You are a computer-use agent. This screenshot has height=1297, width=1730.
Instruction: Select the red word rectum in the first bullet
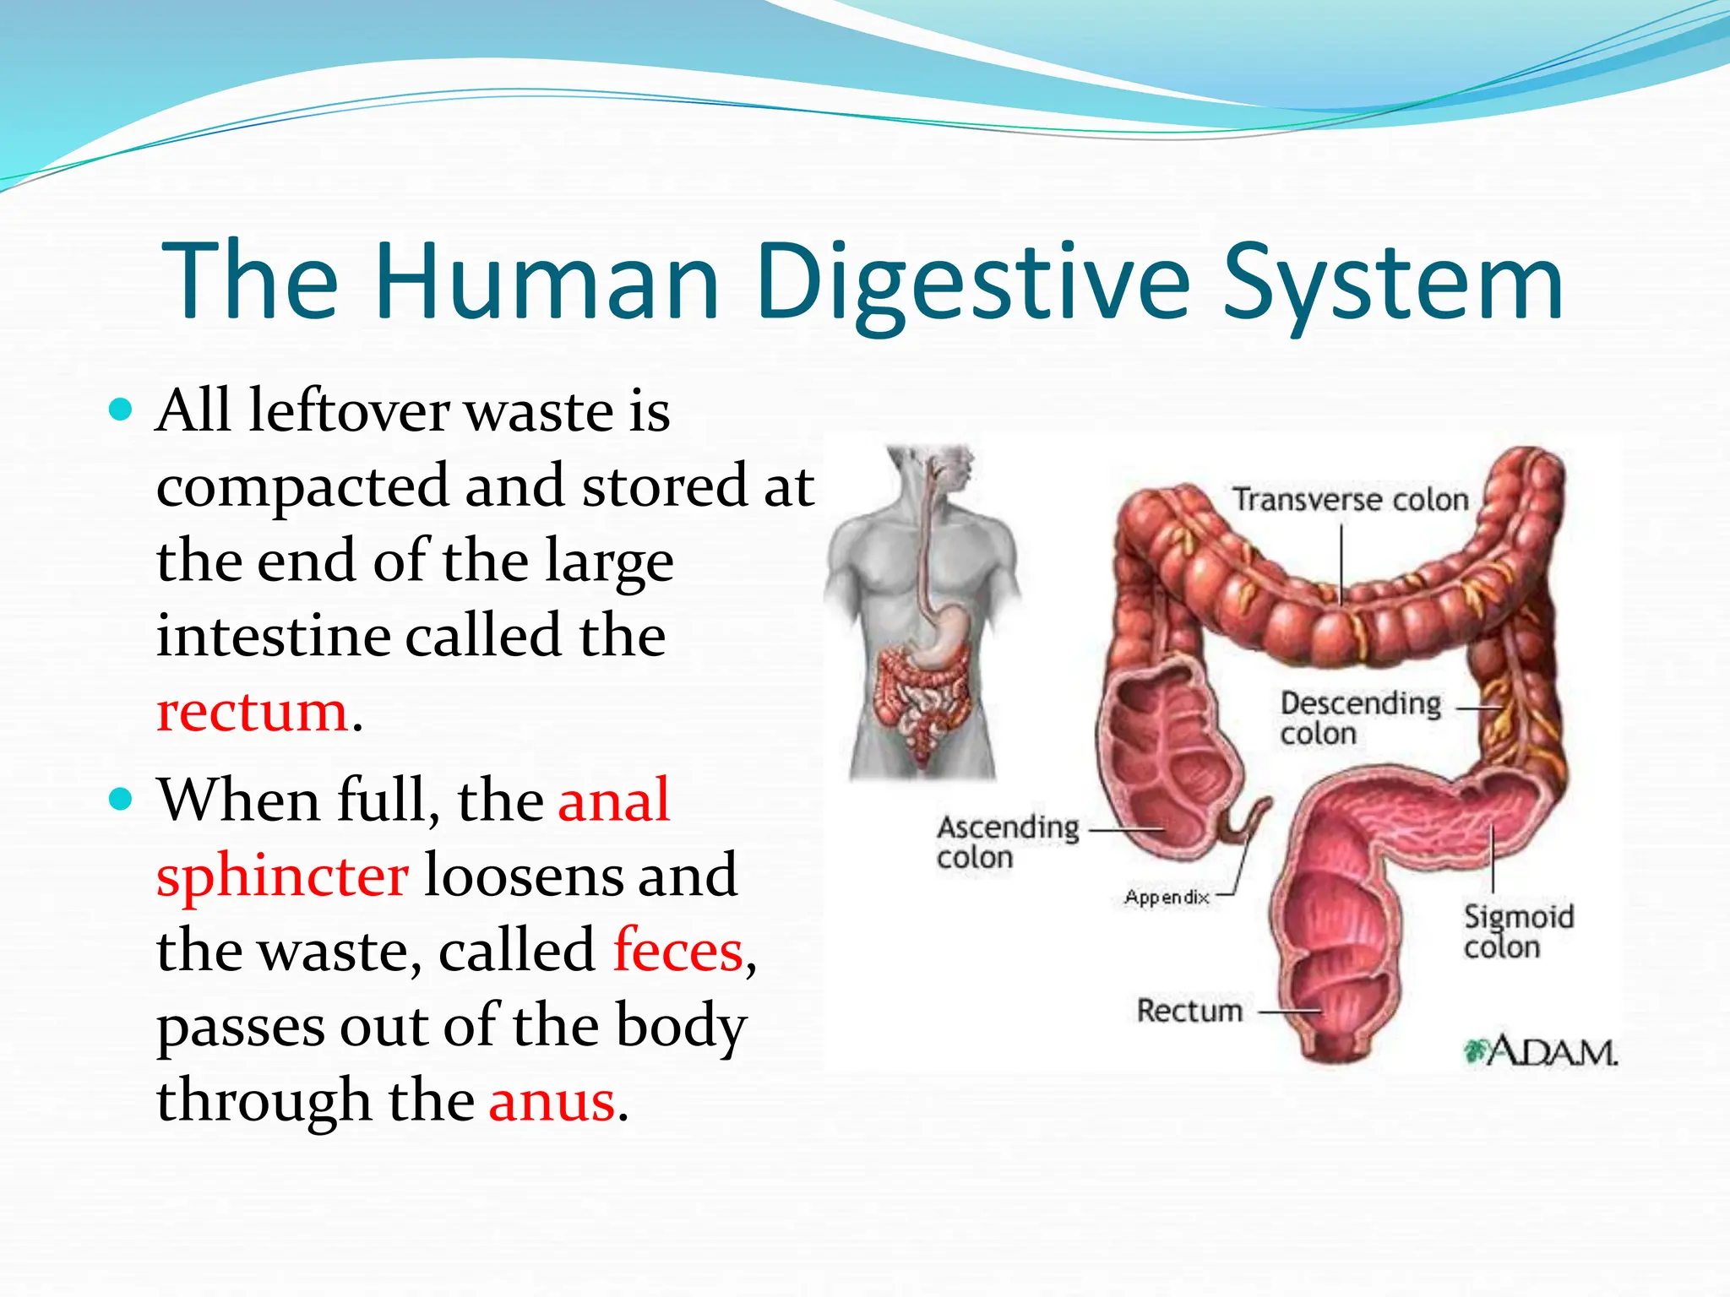[x=253, y=711]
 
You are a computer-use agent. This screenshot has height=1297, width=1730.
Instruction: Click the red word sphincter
[x=283, y=876]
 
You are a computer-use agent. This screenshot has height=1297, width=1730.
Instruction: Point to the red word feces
[x=677, y=951]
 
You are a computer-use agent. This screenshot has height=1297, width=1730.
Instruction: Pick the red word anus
[x=552, y=1101]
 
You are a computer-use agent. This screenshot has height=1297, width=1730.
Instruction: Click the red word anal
[x=614, y=800]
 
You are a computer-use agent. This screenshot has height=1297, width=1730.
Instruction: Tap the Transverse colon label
[x=1351, y=500]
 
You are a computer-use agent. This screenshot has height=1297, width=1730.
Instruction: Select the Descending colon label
[x=1360, y=718]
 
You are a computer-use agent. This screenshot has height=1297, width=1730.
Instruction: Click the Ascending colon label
[x=1008, y=842]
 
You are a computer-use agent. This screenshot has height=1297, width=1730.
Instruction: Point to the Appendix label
[x=1167, y=897]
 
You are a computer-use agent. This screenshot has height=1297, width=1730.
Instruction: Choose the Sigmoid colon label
[x=1518, y=931]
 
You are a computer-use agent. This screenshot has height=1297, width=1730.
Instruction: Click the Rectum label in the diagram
[x=1189, y=1011]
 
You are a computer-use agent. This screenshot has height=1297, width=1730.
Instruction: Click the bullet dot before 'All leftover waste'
[x=122, y=411]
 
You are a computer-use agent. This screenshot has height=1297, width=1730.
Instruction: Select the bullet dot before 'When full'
[x=122, y=799]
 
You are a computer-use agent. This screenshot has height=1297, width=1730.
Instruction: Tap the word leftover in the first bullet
[x=349, y=411]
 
